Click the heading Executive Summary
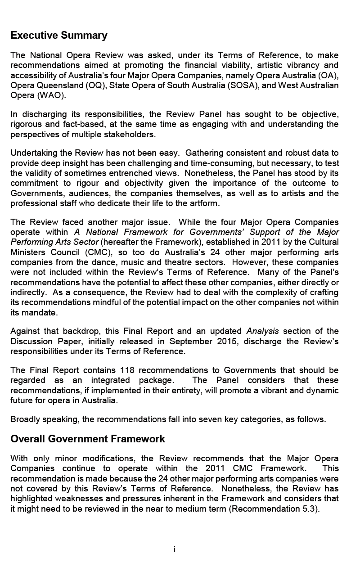coord(59,36)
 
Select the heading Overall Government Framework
coord(88,439)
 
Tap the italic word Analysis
coord(263,332)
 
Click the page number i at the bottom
coord(175,549)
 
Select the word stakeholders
coord(133,134)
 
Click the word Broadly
coord(25,419)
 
